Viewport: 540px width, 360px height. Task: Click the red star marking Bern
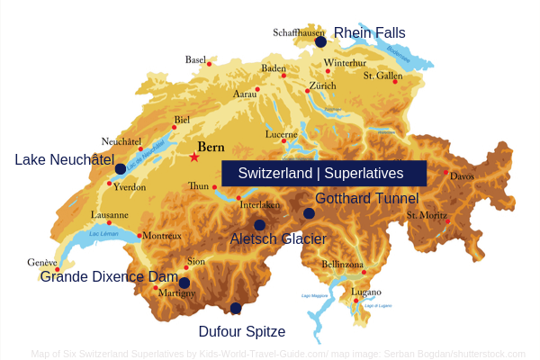coord(193,157)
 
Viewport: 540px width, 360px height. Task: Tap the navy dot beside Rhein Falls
coord(320,41)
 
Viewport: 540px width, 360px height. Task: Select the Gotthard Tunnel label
coord(366,198)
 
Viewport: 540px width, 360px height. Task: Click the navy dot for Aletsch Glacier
coord(260,225)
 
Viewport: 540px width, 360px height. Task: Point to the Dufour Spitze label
coord(242,331)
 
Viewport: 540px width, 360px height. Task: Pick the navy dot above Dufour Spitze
coord(236,309)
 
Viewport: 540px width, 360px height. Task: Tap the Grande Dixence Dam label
coord(109,276)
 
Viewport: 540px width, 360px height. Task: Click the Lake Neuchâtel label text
coord(64,159)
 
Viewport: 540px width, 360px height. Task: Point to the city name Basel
coord(195,59)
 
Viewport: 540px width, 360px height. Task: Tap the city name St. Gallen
coord(382,76)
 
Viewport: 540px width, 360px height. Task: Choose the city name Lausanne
coord(110,215)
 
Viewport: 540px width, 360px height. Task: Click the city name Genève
coord(41,262)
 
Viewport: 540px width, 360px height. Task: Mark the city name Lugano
coord(366,292)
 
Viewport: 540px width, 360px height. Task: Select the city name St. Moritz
coord(426,215)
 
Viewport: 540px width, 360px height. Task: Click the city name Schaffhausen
coord(298,32)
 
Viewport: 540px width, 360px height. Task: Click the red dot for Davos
coord(445,172)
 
